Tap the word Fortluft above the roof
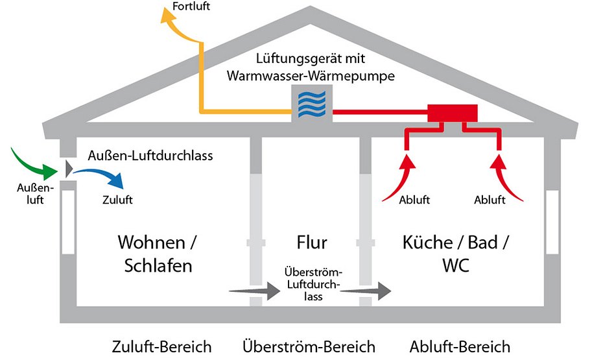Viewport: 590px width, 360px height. (x=192, y=7)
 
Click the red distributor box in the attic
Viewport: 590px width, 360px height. (x=452, y=114)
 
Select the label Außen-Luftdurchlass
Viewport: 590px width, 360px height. (x=150, y=156)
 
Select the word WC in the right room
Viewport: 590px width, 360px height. (x=456, y=266)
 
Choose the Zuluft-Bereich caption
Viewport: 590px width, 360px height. (x=161, y=346)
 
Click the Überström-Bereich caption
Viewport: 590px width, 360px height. (x=309, y=346)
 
